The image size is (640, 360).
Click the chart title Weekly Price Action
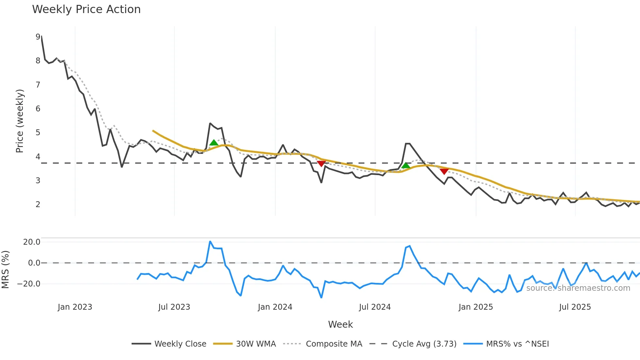tap(86, 9)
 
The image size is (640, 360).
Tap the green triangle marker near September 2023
tap(214, 142)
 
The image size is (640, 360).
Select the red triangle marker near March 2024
tap(321, 164)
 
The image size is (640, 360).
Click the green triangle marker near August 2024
tap(406, 165)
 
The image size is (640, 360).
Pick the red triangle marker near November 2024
tap(444, 172)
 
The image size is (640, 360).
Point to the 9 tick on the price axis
tap(38, 37)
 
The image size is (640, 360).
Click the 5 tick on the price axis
tap(38, 133)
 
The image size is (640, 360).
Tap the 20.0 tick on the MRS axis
tap(32, 242)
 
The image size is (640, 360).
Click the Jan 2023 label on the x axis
tap(75, 307)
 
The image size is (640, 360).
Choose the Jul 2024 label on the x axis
tap(375, 307)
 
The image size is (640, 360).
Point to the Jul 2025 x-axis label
tap(575, 307)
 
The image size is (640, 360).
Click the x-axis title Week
tap(340, 324)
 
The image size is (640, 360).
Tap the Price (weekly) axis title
tap(20, 121)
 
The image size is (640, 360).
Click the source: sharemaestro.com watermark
tap(578, 288)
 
